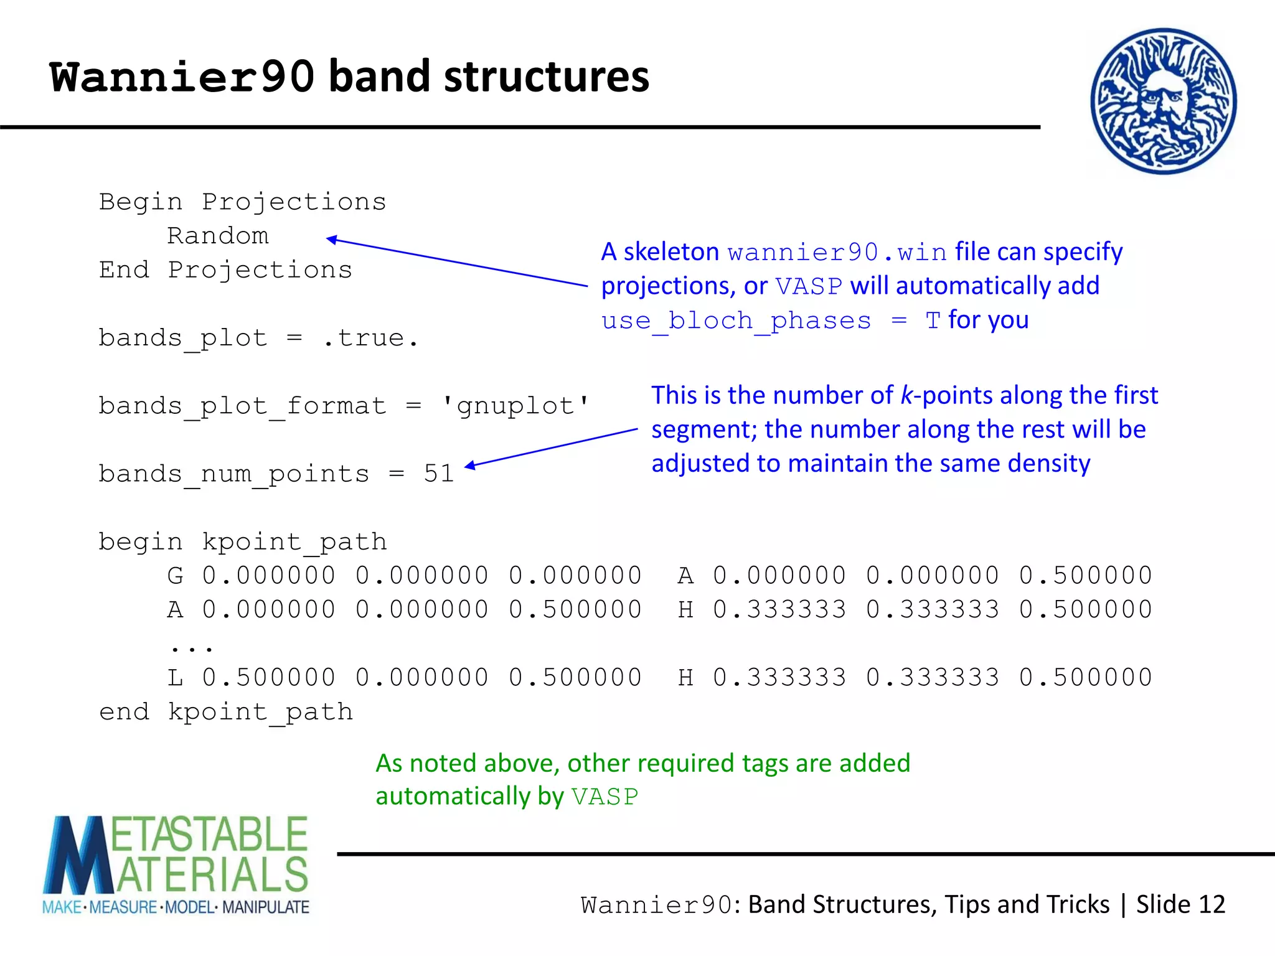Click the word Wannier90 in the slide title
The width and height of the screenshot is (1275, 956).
pos(182,77)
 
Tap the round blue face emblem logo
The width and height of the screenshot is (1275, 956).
pos(1163,101)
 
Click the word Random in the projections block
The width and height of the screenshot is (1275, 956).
pos(218,236)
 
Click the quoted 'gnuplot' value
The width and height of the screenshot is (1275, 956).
pos(514,406)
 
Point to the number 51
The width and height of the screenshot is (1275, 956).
pos(439,474)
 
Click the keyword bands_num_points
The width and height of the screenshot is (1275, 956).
pos(234,474)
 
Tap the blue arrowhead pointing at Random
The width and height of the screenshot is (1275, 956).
pos(332,240)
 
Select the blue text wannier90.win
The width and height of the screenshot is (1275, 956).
pos(837,253)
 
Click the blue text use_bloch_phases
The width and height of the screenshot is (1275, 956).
pos(736,321)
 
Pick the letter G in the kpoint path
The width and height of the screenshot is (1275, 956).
pos(176,576)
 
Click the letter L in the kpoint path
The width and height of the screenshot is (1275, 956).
pos(176,678)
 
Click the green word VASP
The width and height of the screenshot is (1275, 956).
pos(605,797)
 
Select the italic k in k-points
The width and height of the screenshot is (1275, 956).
pos(906,396)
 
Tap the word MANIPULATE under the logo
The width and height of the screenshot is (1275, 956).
pos(266,907)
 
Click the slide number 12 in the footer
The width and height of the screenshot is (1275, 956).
pos(1211,904)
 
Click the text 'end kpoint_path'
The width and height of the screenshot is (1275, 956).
pos(226,712)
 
